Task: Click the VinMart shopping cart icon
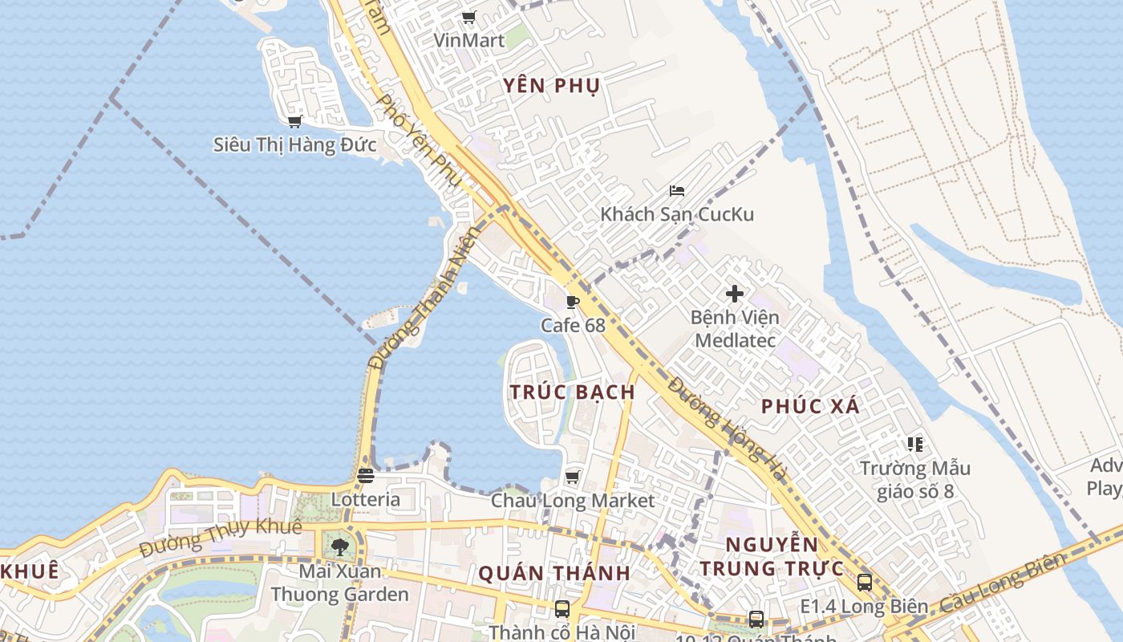pyautogui.click(x=469, y=18)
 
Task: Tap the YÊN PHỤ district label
pyautogui.click(x=552, y=86)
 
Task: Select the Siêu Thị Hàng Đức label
pyautogui.click(x=294, y=144)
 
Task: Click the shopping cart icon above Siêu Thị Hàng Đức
pyautogui.click(x=294, y=121)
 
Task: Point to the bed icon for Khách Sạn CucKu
pyautogui.click(x=677, y=191)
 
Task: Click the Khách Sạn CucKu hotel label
pyautogui.click(x=677, y=214)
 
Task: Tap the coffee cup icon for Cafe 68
pyautogui.click(x=572, y=302)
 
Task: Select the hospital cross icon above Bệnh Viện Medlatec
pyautogui.click(x=735, y=294)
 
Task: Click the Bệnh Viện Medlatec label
pyautogui.click(x=735, y=328)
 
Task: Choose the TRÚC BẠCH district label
pyautogui.click(x=572, y=392)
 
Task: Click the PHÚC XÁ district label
pyautogui.click(x=810, y=406)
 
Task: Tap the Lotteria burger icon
pyautogui.click(x=366, y=476)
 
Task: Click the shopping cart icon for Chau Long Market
pyautogui.click(x=572, y=477)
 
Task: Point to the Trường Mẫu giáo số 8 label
pyautogui.click(x=914, y=479)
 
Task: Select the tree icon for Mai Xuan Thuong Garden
pyautogui.click(x=340, y=547)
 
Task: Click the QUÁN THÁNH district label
pyautogui.click(x=554, y=574)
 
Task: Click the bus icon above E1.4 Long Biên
pyautogui.click(x=864, y=583)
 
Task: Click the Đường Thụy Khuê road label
pyautogui.click(x=221, y=538)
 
